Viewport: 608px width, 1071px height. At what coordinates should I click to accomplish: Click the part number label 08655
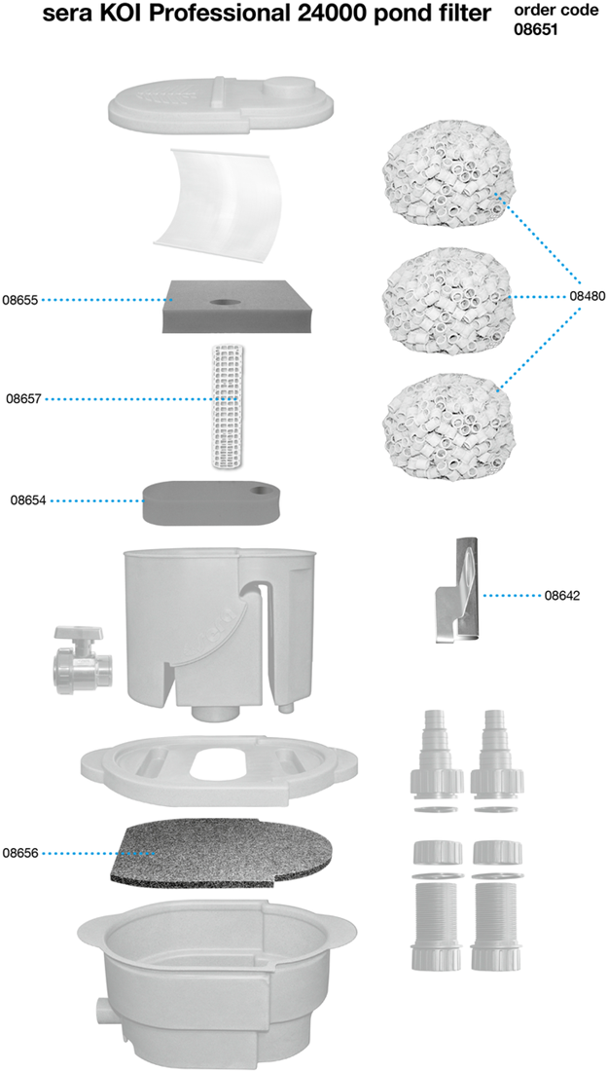coord(19,300)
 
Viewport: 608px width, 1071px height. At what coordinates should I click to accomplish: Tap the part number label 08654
coord(28,500)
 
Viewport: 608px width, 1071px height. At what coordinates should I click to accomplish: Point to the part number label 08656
coord(19,853)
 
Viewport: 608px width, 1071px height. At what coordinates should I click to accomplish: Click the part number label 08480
coord(588,296)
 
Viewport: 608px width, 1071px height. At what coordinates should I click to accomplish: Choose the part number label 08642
coord(562,595)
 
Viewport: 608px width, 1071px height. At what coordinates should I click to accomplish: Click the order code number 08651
coord(536,29)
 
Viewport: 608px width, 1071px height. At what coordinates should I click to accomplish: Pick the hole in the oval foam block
coord(260,491)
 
